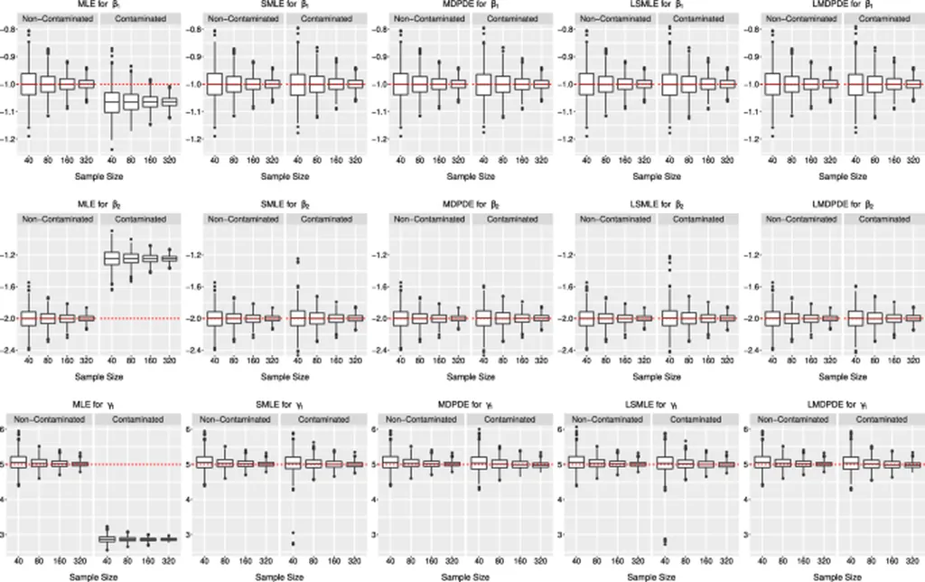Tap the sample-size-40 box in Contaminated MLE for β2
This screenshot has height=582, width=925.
pos(113,258)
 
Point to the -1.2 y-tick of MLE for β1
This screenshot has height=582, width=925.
pos(11,139)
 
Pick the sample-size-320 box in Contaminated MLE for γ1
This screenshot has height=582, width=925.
pos(167,539)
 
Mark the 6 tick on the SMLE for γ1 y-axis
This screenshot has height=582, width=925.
pos(190,429)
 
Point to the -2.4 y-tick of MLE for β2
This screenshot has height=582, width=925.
pos(11,350)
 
